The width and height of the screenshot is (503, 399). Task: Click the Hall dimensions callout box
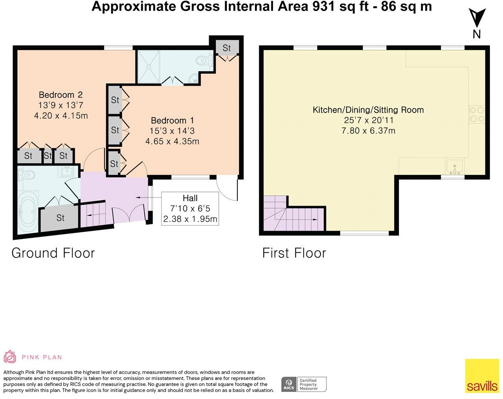pos(190,208)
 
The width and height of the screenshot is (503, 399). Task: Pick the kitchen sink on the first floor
pos(454,166)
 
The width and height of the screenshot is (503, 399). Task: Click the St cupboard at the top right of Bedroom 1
pos(227,48)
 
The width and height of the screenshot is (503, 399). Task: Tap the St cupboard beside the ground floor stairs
pos(60,217)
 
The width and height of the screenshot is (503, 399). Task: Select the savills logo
pos(482,375)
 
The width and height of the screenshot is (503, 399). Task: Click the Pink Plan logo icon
pos(10,357)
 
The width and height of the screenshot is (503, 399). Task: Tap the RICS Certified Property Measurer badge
pos(304,384)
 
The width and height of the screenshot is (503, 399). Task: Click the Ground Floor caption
pos(53,253)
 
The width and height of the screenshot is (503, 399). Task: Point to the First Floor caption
pos(294,253)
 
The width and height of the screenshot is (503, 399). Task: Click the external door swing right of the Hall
pos(228,188)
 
